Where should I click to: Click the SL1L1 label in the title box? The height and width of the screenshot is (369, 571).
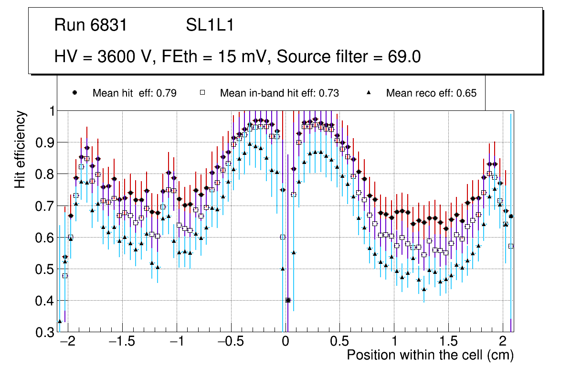pyautogui.click(x=210, y=25)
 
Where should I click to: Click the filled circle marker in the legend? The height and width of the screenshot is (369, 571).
pyautogui.click(x=75, y=93)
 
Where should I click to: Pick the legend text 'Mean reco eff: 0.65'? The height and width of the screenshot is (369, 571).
pyautogui.click(x=431, y=93)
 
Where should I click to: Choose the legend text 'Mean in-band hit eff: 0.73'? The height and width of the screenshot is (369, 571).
pyautogui.click(x=279, y=93)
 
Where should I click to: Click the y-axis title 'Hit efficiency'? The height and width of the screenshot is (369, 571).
pyautogui.click(x=21, y=149)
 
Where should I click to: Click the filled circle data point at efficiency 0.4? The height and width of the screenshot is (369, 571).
pyautogui.click(x=288, y=300)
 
